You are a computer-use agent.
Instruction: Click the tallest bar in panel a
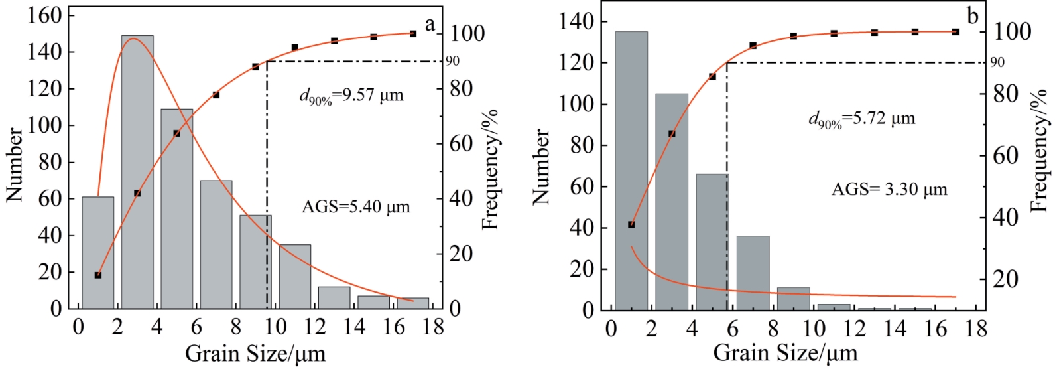pos(137,173)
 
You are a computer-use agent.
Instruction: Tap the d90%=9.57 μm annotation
pos(351,96)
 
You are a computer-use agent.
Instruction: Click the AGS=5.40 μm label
pos(356,207)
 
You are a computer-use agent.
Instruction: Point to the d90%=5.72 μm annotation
pos(861,119)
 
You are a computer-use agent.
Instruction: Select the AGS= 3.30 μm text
pos(889,190)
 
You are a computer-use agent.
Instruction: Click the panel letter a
pos(430,25)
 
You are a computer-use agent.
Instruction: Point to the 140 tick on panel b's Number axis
pos(577,22)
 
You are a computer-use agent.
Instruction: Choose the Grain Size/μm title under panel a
pos(255,354)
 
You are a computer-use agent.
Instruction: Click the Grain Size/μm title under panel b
pos(784,352)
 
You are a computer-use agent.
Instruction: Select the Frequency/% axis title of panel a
pos(490,169)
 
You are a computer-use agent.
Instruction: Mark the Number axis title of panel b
pos(541,167)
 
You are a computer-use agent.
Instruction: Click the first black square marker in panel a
pos(98,275)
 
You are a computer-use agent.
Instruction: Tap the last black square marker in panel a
pos(412,33)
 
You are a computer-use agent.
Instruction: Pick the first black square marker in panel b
pos(631,224)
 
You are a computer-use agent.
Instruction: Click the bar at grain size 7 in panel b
pos(753,273)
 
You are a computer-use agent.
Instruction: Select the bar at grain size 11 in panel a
pos(295,277)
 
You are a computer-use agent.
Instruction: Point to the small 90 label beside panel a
pos(452,62)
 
